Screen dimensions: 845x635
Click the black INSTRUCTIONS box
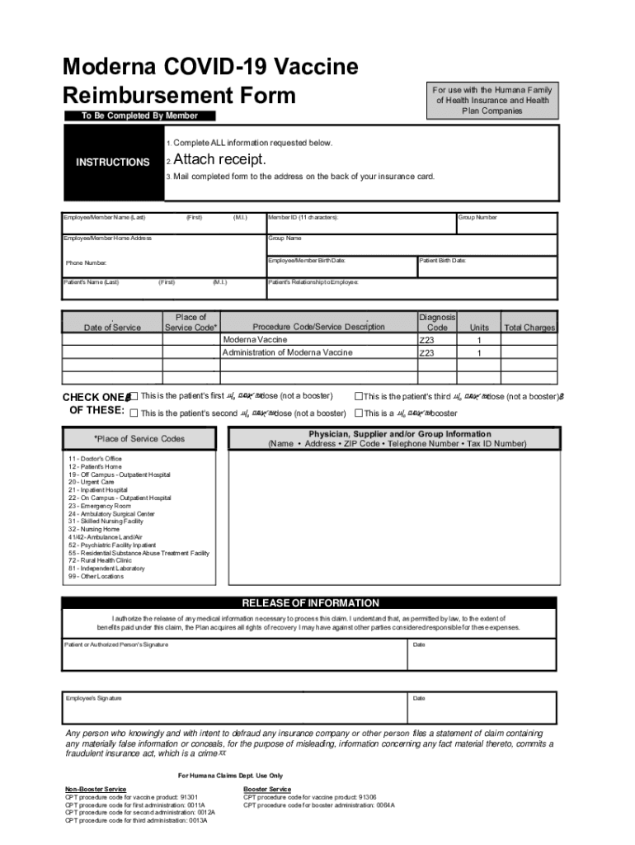click(113, 163)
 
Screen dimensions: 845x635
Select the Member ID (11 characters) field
click(360, 223)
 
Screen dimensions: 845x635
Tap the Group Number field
click(506, 223)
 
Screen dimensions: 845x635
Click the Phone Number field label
click(87, 263)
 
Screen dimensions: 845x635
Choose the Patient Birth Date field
click(487, 266)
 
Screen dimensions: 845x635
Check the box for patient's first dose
click(134, 397)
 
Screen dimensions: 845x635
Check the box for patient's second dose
click(134, 413)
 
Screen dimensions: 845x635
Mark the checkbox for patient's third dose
click(359, 397)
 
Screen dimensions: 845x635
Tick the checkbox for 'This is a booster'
click(359, 413)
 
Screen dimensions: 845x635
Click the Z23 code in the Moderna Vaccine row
click(427, 340)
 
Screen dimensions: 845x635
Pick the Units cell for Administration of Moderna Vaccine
click(478, 353)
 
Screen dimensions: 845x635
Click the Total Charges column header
click(529, 328)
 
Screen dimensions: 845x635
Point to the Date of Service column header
click(112, 328)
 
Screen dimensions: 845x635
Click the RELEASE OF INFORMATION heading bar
click(310, 603)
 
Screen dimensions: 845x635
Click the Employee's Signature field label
click(94, 698)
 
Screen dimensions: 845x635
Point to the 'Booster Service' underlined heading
click(267, 789)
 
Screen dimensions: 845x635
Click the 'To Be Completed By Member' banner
click(139, 116)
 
